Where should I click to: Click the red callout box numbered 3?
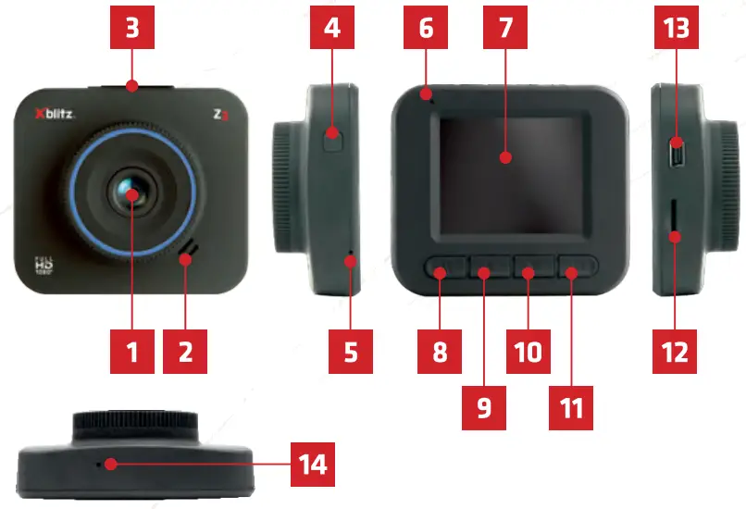[132, 29]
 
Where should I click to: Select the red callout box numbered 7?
[504, 29]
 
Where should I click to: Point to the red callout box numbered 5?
[351, 352]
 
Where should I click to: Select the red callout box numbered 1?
[132, 352]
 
